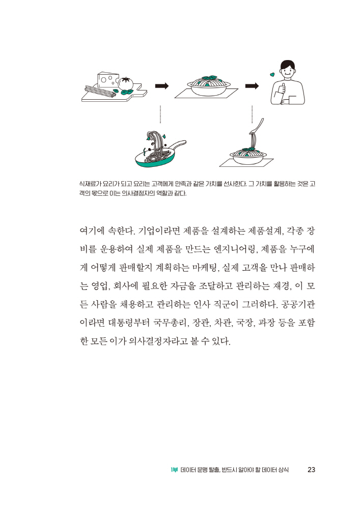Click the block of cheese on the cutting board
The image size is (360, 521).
[108, 79]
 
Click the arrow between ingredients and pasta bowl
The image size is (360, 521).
[161, 86]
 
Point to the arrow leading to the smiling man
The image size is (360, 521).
[252, 86]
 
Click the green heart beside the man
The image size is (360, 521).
[272, 75]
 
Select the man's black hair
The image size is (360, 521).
[287, 65]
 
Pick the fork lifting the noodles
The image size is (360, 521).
[260, 124]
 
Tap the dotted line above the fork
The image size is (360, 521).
[252, 114]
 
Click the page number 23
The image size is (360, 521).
[312, 470]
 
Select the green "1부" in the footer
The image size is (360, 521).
[174, 470]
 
